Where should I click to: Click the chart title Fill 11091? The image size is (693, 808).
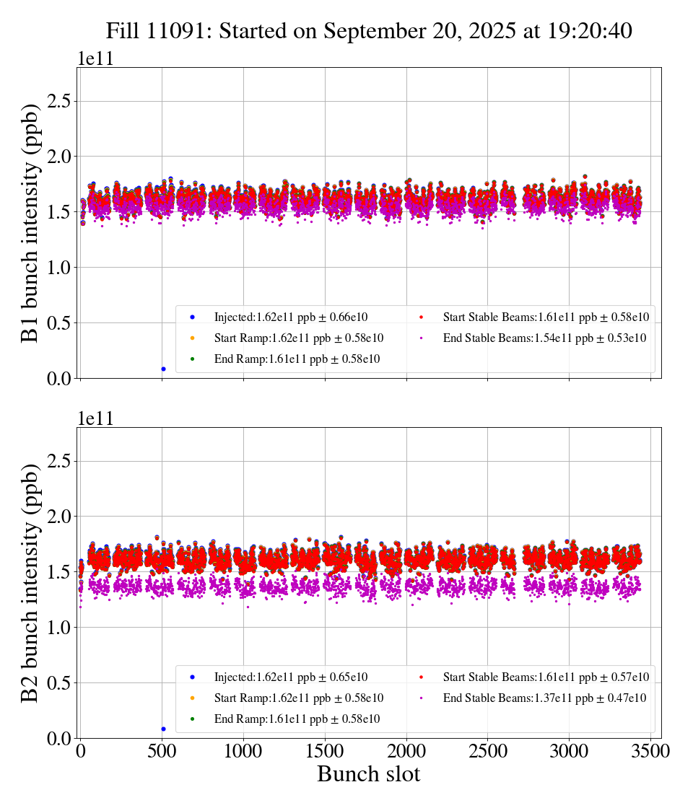pos(369,31)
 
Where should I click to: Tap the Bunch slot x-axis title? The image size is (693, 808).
pos(368,774)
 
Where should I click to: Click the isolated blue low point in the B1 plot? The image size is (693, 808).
pos(163,369)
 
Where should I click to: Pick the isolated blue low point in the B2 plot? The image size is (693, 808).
pos(163,729)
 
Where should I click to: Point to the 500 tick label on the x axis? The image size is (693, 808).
pos(162,752)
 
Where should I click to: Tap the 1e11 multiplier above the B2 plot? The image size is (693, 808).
pos(96,419)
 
